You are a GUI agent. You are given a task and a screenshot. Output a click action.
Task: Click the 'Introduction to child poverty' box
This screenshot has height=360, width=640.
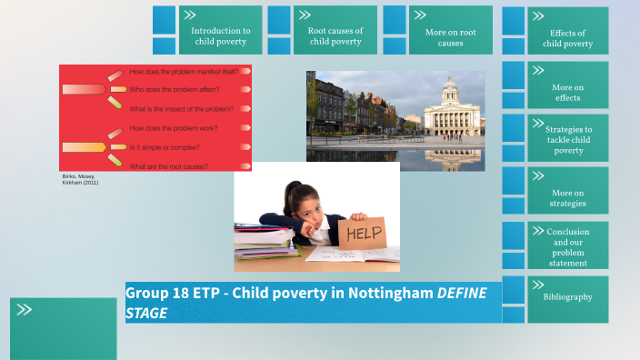[220, 35]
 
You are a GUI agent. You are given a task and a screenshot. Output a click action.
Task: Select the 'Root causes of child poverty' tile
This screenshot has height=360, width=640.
[335, 35]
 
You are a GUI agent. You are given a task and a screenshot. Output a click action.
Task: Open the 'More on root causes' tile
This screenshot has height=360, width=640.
[450, 36]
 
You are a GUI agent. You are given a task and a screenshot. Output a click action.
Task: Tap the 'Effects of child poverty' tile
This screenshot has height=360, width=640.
[568, 36]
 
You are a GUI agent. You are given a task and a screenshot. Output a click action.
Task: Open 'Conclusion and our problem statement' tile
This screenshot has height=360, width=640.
[568, 246]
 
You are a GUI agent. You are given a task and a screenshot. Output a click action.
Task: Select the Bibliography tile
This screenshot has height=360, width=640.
[568, 297]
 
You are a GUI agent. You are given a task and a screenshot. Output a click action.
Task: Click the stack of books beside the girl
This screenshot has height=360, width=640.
[264, 242]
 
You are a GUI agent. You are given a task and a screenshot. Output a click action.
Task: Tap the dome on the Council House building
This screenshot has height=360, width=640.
[449, 89]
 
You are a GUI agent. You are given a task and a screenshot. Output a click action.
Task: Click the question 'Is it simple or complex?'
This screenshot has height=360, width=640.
[165, 147]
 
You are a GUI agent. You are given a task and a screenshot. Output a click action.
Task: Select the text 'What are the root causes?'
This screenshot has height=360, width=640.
[169, 166]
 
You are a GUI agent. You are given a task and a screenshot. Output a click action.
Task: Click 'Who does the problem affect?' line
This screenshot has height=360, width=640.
[174, 89]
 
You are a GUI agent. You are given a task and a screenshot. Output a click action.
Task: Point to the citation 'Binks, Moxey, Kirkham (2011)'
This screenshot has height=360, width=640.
[80, 179]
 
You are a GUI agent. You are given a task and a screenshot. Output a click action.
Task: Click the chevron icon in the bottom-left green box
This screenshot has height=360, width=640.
[25, 310]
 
